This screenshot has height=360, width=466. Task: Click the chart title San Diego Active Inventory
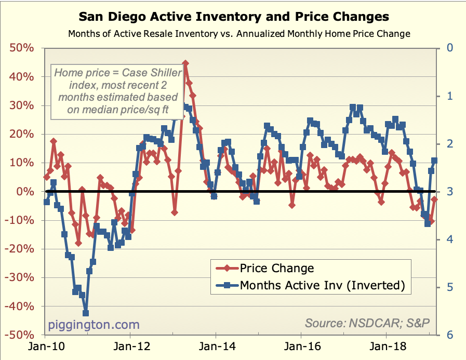click(x=233, y=17)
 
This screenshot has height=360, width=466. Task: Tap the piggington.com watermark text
click(x=94, y=325)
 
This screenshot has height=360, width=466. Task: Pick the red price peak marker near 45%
click(x=185, y=63)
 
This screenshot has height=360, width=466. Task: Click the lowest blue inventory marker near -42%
click(x=86, y=313)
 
